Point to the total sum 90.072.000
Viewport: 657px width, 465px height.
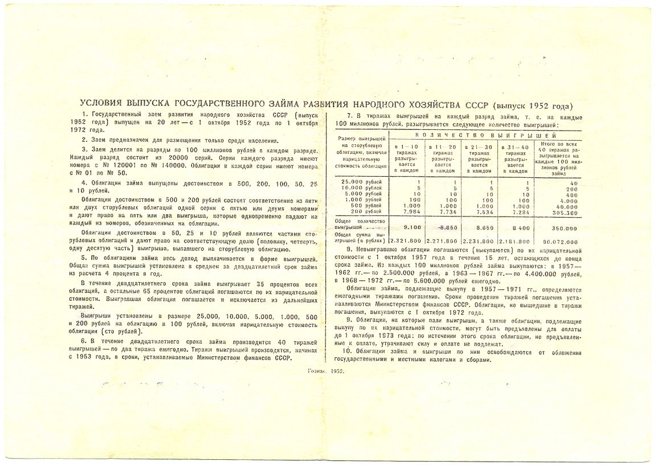pyautogui.click(x=558, y=240)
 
